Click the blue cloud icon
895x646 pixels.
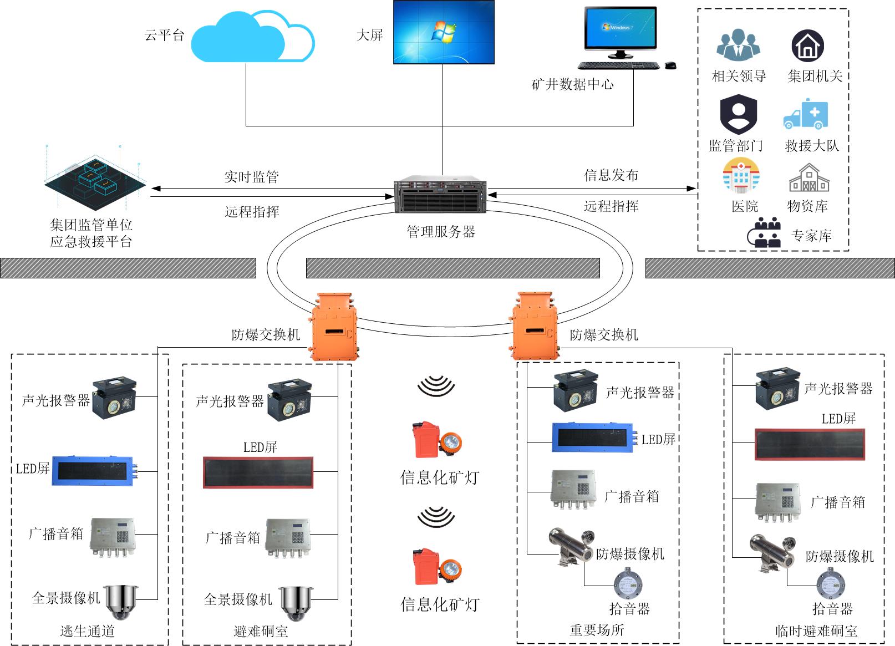coord(252,38)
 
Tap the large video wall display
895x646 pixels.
coord(444,32)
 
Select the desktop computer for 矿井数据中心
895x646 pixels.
coord(621,33)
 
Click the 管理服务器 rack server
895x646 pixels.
coord(441,195)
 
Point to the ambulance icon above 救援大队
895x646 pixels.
coord(806,114)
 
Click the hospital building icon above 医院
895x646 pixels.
coord(741,176)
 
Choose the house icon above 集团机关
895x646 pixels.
coord(807,46)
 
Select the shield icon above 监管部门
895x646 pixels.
coord(738,114)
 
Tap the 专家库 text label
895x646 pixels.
coord(811,236)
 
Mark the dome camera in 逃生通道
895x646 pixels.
coord(121,602)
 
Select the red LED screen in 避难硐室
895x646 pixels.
coord(258,472)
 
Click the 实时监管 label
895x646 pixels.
coord(252,177)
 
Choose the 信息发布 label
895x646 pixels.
coord(611,175)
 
